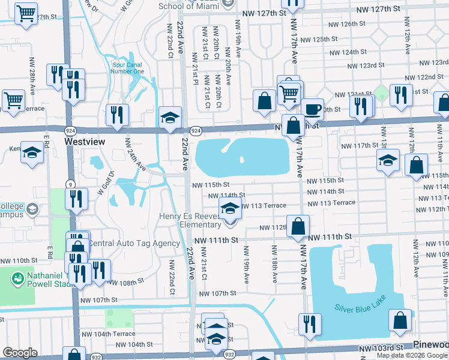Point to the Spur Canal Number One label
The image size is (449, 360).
click(127, 68)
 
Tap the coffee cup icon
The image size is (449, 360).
click(312, 109)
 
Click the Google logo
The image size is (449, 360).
click(20, 353)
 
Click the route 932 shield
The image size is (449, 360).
click(229, 355)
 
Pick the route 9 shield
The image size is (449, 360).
click(71, 184)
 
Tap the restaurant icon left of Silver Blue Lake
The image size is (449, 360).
click(309, 324)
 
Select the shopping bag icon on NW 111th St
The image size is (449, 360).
click(298, 226)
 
